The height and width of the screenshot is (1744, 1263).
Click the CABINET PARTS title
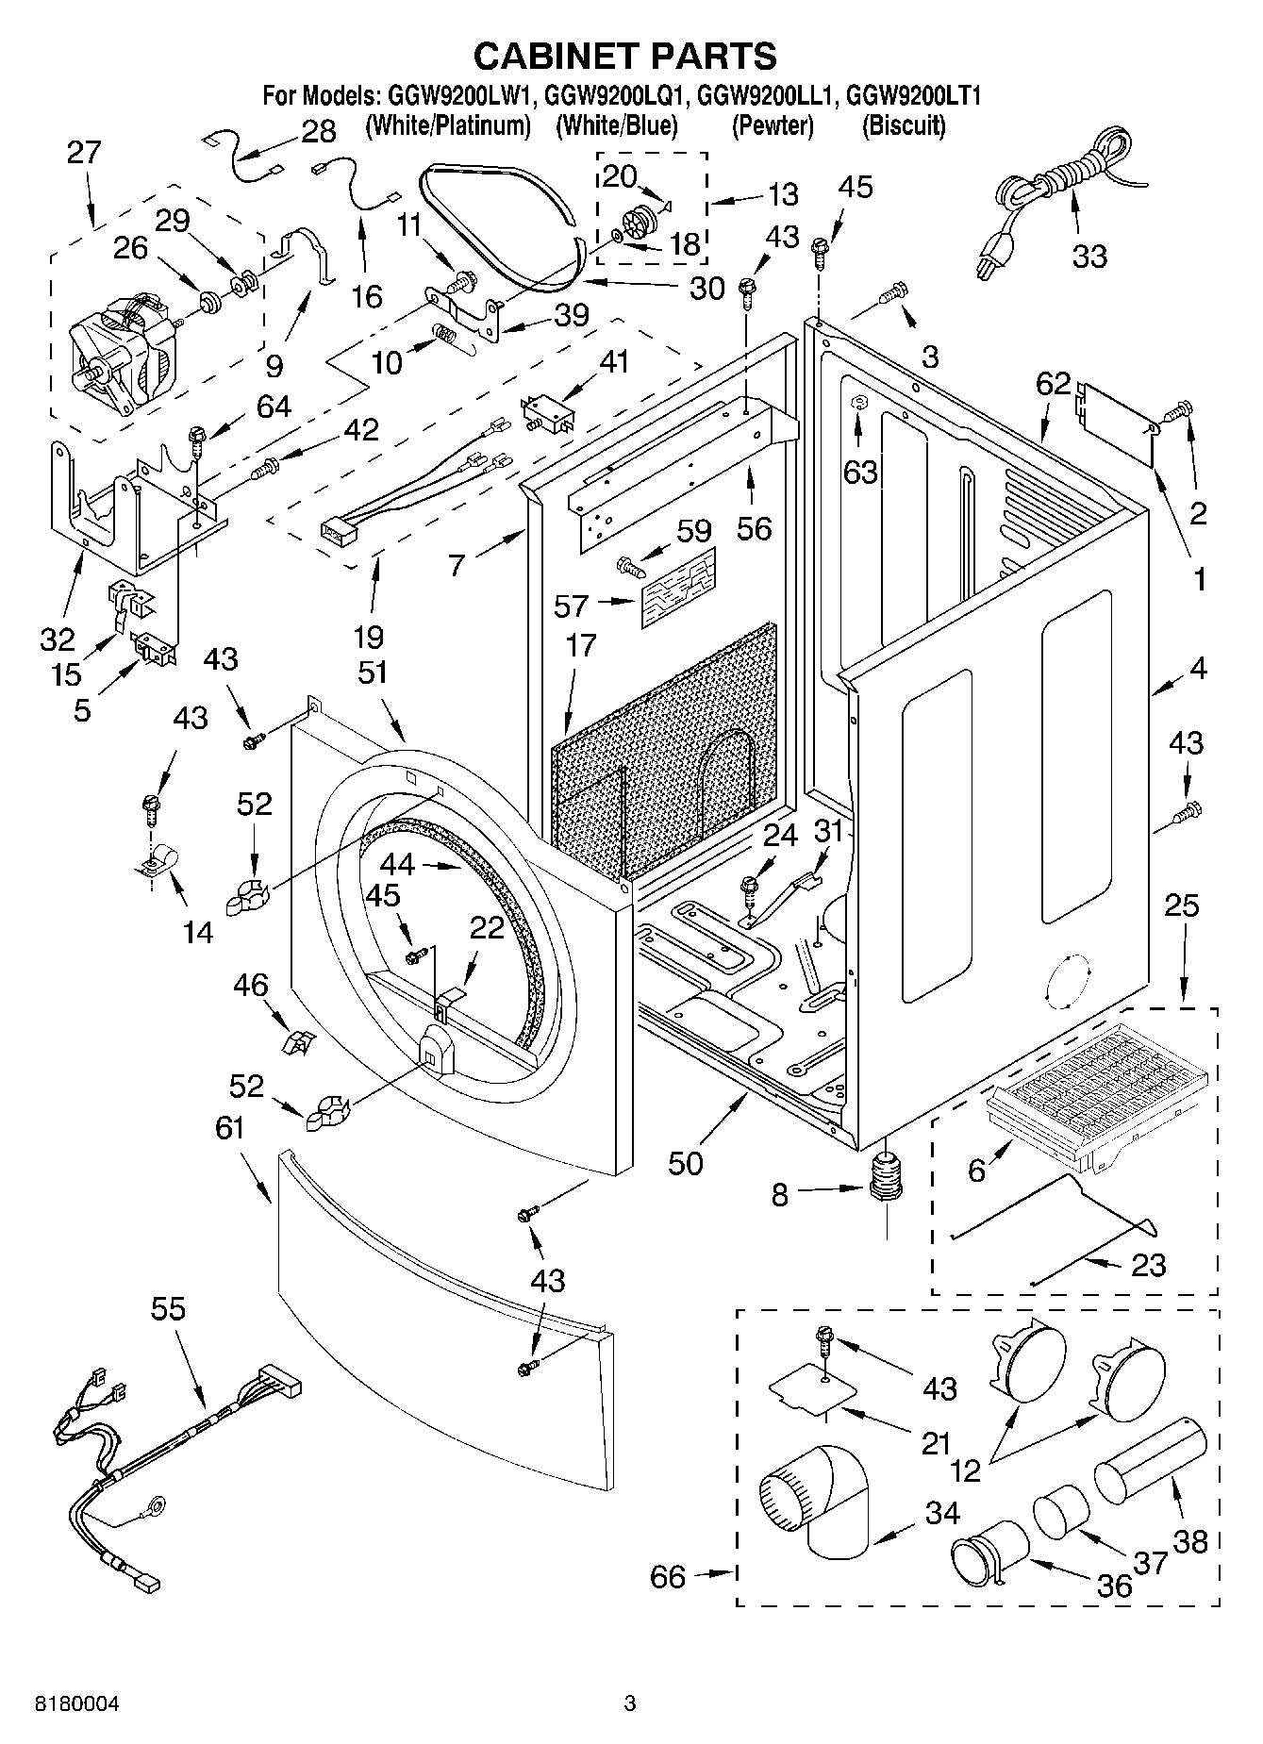[624, 57]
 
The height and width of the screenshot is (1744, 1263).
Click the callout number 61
[229, 1128]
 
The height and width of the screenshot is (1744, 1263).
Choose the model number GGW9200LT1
[914, 95]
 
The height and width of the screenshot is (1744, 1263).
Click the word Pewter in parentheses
[773, 125]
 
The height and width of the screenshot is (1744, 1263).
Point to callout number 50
[686, 1163]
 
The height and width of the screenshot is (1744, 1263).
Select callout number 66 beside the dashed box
[668, 1576]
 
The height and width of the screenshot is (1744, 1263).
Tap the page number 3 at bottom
[630, 1703]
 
